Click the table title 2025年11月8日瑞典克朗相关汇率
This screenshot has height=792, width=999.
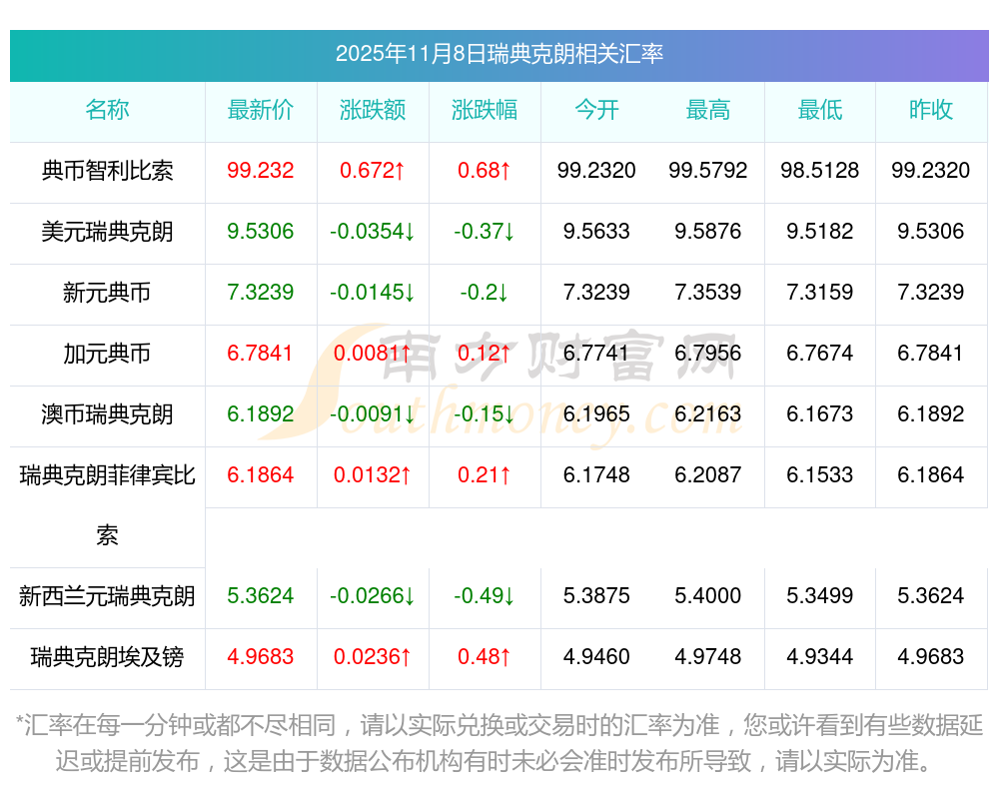tap(499, 54)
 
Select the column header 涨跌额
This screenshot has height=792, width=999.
tap(373, 110)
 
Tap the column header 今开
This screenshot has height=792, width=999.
tap(596, 110)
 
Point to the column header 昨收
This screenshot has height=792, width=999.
tap(931, 110)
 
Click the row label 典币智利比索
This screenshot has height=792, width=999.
tap(107, 171)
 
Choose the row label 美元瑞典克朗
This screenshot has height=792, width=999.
tap(107, 232)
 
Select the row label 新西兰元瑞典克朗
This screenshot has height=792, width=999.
tap(107, 596)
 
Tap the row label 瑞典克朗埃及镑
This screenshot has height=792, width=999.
tap(107, 657)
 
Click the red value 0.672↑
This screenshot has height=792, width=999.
tap(373, 171)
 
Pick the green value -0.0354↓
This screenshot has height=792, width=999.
tap(373, 232)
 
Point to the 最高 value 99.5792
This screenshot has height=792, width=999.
tap(708, 171)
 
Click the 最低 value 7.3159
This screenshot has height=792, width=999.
tap(820, 293)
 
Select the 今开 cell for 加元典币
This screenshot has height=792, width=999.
tap(596, 354)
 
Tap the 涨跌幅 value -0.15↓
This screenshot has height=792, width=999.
tap(485, 414)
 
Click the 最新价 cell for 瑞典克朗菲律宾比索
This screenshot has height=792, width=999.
tap(261, 475)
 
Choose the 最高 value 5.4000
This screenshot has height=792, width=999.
tap(708, 596)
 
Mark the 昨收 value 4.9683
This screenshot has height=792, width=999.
tap(931, 657)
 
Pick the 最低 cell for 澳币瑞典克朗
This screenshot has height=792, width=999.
tap(820, 414)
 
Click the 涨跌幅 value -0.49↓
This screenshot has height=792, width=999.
tap(485, 596)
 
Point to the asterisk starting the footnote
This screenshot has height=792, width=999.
tap(20, 723)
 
